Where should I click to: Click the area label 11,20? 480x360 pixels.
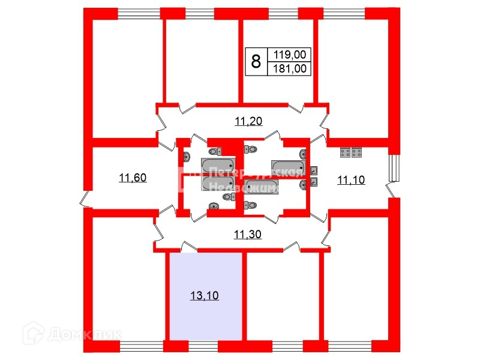(249, 122)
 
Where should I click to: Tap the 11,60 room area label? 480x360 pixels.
(133, 178)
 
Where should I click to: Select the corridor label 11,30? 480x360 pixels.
(247, 235)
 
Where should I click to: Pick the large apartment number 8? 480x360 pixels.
(256, 61)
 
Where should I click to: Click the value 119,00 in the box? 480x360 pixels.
(290, 55)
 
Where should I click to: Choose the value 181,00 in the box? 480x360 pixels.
(290, 68)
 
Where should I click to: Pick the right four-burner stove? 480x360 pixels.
(357, 152)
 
